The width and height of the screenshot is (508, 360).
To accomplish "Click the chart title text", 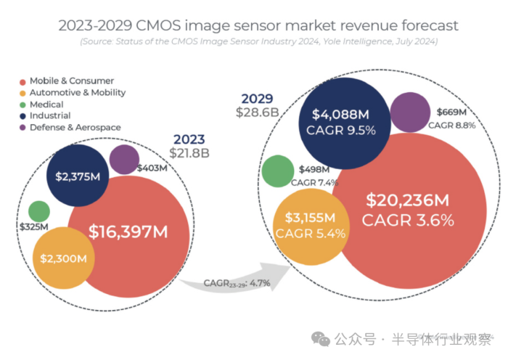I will pos(254,25).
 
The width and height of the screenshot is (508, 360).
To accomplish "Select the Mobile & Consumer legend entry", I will pos(71,81).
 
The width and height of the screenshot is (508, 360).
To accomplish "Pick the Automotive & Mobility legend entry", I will pos(77,93).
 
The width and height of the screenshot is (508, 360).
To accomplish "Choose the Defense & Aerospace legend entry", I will pos(74,127).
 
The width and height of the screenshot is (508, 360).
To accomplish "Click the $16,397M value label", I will pos(128,232).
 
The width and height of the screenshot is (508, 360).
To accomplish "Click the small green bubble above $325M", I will pos(38,211).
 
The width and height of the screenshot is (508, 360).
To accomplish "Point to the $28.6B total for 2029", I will pos(258,112).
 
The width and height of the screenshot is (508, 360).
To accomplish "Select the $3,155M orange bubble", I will pos(311,225).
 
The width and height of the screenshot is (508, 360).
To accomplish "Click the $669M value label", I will pos(452,112).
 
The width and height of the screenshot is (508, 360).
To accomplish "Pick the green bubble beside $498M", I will pos(278,171).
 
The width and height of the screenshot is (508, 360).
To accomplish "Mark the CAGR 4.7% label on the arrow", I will pos(227,282).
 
